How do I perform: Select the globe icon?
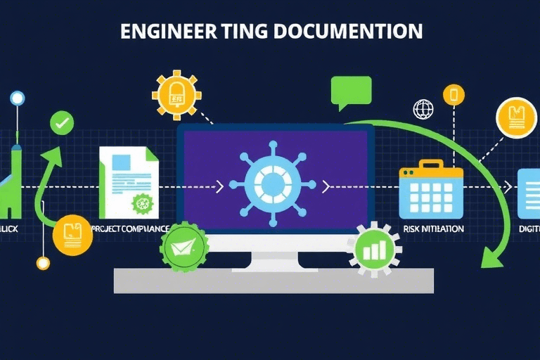(424, 109)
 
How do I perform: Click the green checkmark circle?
(62, 124)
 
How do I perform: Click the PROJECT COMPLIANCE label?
(130, 229)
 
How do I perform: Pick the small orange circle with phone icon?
(454, 94)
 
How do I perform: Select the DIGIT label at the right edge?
(529, 229)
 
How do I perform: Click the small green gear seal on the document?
(143, 204)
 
